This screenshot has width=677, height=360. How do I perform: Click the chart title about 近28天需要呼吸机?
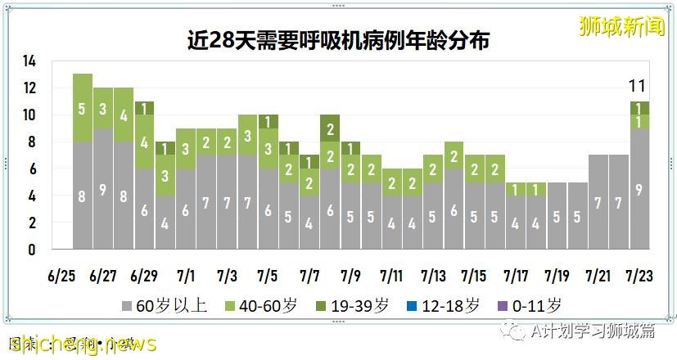pyautogui.click(x=337, y=39)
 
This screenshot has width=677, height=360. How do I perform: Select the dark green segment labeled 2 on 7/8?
pyautogui.click(x=330, y=128)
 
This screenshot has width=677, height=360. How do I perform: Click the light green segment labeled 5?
pyautogui.click(x=82, y=107)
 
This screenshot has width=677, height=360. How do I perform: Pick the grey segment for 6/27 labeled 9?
pyautogui.click(x=103, y=189)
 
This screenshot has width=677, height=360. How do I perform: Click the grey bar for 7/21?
pyautogui.click(x=597, y=201)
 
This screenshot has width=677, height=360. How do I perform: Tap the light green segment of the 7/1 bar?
pyautogui.click(x=185, y=148)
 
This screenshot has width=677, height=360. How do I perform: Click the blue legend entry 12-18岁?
pyautogui.click(x=443, y=306)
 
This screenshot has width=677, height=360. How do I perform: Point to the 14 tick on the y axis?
pyautogui.click(x=29, y=61)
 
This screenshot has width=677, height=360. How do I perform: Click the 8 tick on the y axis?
pyautogui.click(x=31, y=142)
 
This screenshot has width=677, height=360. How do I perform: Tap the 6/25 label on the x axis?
pyautogui.click(x=61, y=275)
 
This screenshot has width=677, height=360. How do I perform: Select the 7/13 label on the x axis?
pyautogui.click(x=432, y=275)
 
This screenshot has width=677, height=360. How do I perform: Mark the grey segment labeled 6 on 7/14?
pyautogui.click(x=454, y=209)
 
